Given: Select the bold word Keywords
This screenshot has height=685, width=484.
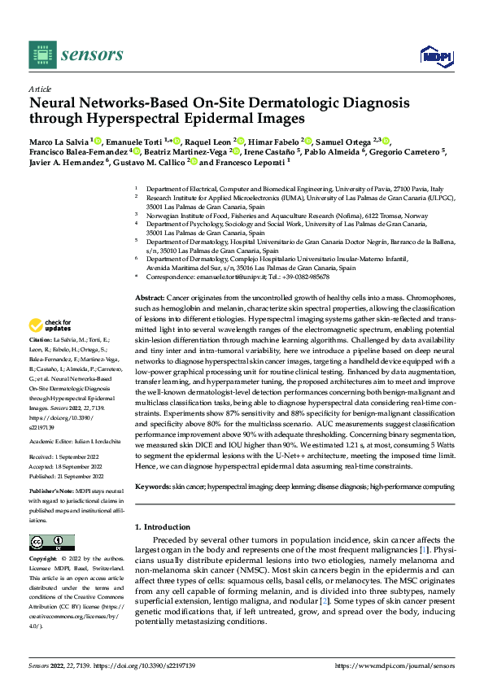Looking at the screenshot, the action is pos(153,486).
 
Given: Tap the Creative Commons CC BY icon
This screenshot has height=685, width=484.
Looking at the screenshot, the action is pos(51,542).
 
